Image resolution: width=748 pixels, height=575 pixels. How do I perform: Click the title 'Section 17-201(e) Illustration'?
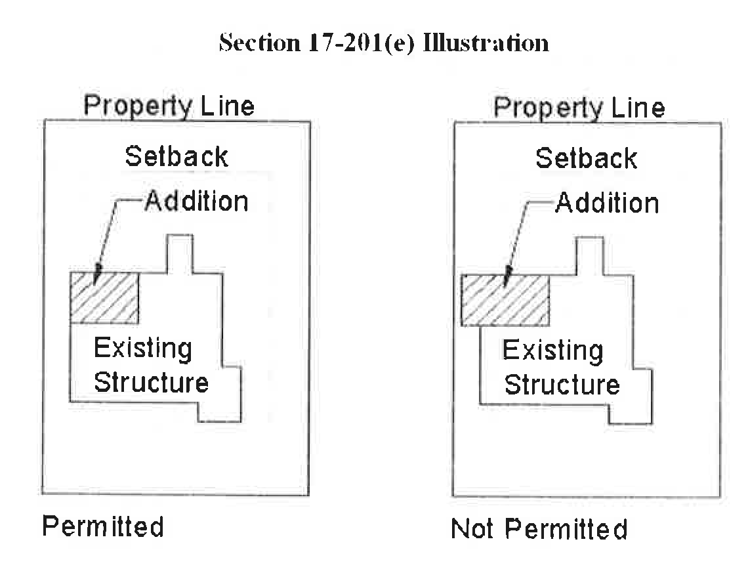tap(384, 43)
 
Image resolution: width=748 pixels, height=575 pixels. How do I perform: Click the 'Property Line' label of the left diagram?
tap(169, 106)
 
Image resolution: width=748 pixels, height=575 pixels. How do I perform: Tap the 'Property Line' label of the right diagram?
tap(579, 107)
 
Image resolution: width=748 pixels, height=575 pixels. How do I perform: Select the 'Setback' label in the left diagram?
tap(177, 157)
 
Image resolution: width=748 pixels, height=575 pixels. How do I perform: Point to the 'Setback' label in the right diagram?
tap(586, 159)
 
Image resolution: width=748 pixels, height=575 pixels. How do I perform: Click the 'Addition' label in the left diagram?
tap(196, 201)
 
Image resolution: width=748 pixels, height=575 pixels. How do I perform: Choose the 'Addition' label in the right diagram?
tap(607, 203)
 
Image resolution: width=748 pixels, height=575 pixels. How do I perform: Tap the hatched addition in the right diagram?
tap(505, 300)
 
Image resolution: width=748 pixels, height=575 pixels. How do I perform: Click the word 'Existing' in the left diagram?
tap(143, 349)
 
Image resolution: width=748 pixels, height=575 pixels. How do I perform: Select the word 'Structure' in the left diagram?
tap(151, 382)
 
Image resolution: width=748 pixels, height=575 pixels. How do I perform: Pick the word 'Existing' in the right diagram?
tap(552, 351)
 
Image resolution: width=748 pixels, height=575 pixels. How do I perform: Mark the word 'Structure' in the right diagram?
tap(562, 385)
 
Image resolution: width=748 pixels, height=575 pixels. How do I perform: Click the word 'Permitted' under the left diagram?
tap(103, 526)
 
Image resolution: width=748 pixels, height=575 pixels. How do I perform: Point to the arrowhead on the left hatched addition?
tap(96, 273)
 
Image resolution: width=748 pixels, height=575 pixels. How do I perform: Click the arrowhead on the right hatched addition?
tap(506, 276)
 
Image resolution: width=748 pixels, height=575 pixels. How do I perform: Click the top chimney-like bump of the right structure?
tap(590, 257)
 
